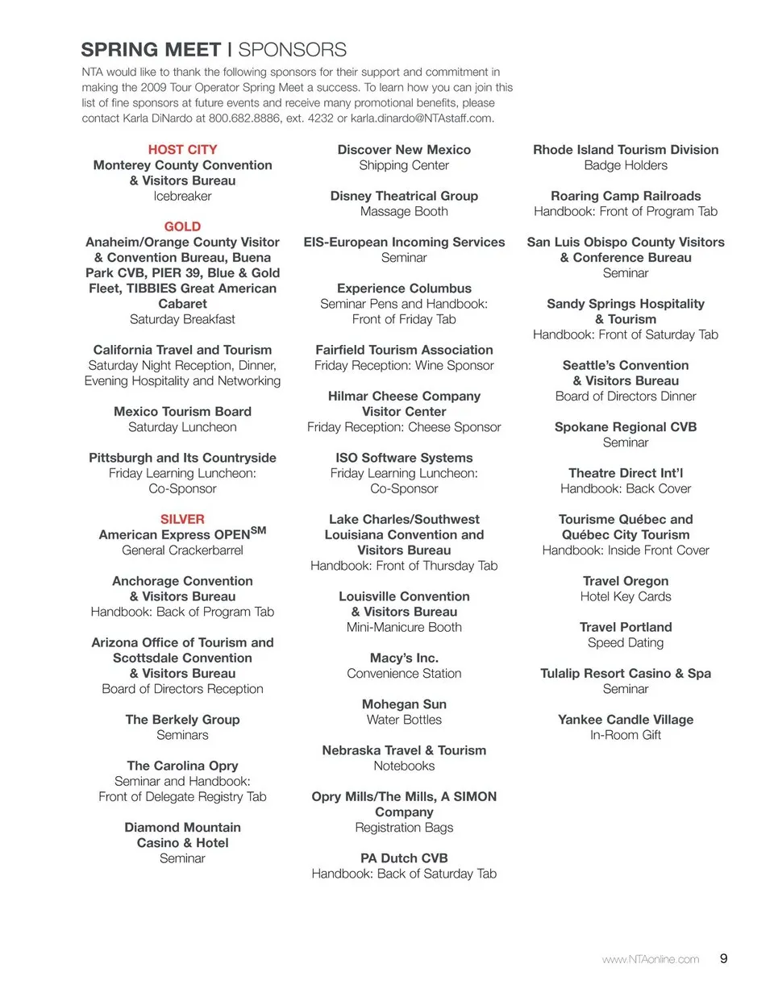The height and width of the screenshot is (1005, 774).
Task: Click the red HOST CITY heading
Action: tap(182, 150)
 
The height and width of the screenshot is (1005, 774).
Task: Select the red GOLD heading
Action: tap(182, 227)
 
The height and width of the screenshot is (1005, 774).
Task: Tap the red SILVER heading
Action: tap(182, 520)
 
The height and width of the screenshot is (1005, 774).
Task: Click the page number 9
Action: tap(723, 959)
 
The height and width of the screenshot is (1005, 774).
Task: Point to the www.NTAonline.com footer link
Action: tap(650, 960)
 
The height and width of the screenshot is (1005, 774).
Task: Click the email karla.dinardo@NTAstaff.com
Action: tap(422, 118)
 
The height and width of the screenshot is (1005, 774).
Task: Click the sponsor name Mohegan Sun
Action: tap(404, 704)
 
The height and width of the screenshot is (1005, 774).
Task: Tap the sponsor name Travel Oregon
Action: tap(626, 581)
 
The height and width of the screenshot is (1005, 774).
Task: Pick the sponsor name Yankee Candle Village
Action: tap(626, 720)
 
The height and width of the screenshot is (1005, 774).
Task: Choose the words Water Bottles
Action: tap(404, 720)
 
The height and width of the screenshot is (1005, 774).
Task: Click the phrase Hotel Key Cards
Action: tap(626, 597)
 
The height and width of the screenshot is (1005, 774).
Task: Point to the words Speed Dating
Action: tap(626, 643)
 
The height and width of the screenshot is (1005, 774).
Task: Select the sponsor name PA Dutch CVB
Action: tap(404, 858)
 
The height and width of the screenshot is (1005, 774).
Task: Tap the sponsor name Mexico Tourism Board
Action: tap(182, 412)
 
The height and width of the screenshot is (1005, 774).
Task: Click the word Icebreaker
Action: tap(182, 197)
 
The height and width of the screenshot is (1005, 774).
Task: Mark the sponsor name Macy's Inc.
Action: tap(404, 658)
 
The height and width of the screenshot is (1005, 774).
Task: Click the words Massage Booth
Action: tap(404, 212)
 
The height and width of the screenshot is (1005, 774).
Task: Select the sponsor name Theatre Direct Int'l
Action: tap(626, 473)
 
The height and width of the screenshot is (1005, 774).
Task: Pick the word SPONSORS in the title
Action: tap(293, 50)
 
